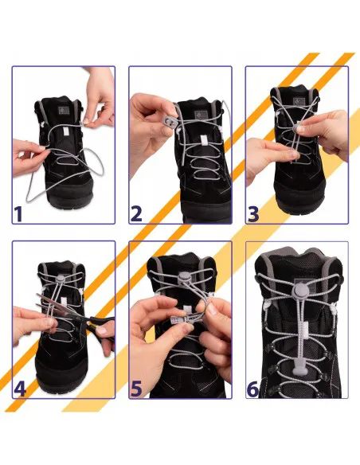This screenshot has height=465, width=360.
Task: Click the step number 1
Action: (18, 213)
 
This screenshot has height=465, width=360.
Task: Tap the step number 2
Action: (136, 213)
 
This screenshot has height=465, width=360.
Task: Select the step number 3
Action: (253, 213)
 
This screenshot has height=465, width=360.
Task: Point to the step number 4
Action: (20, 389)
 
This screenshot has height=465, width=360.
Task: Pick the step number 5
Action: (136, 389)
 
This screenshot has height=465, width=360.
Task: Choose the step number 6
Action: (252, 389)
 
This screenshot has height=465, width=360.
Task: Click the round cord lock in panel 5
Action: (184, 276)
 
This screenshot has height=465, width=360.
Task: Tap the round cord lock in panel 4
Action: (61, 279)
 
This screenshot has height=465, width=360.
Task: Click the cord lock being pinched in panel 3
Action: (297, 128)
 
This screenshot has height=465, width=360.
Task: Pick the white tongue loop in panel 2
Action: (205, 141)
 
